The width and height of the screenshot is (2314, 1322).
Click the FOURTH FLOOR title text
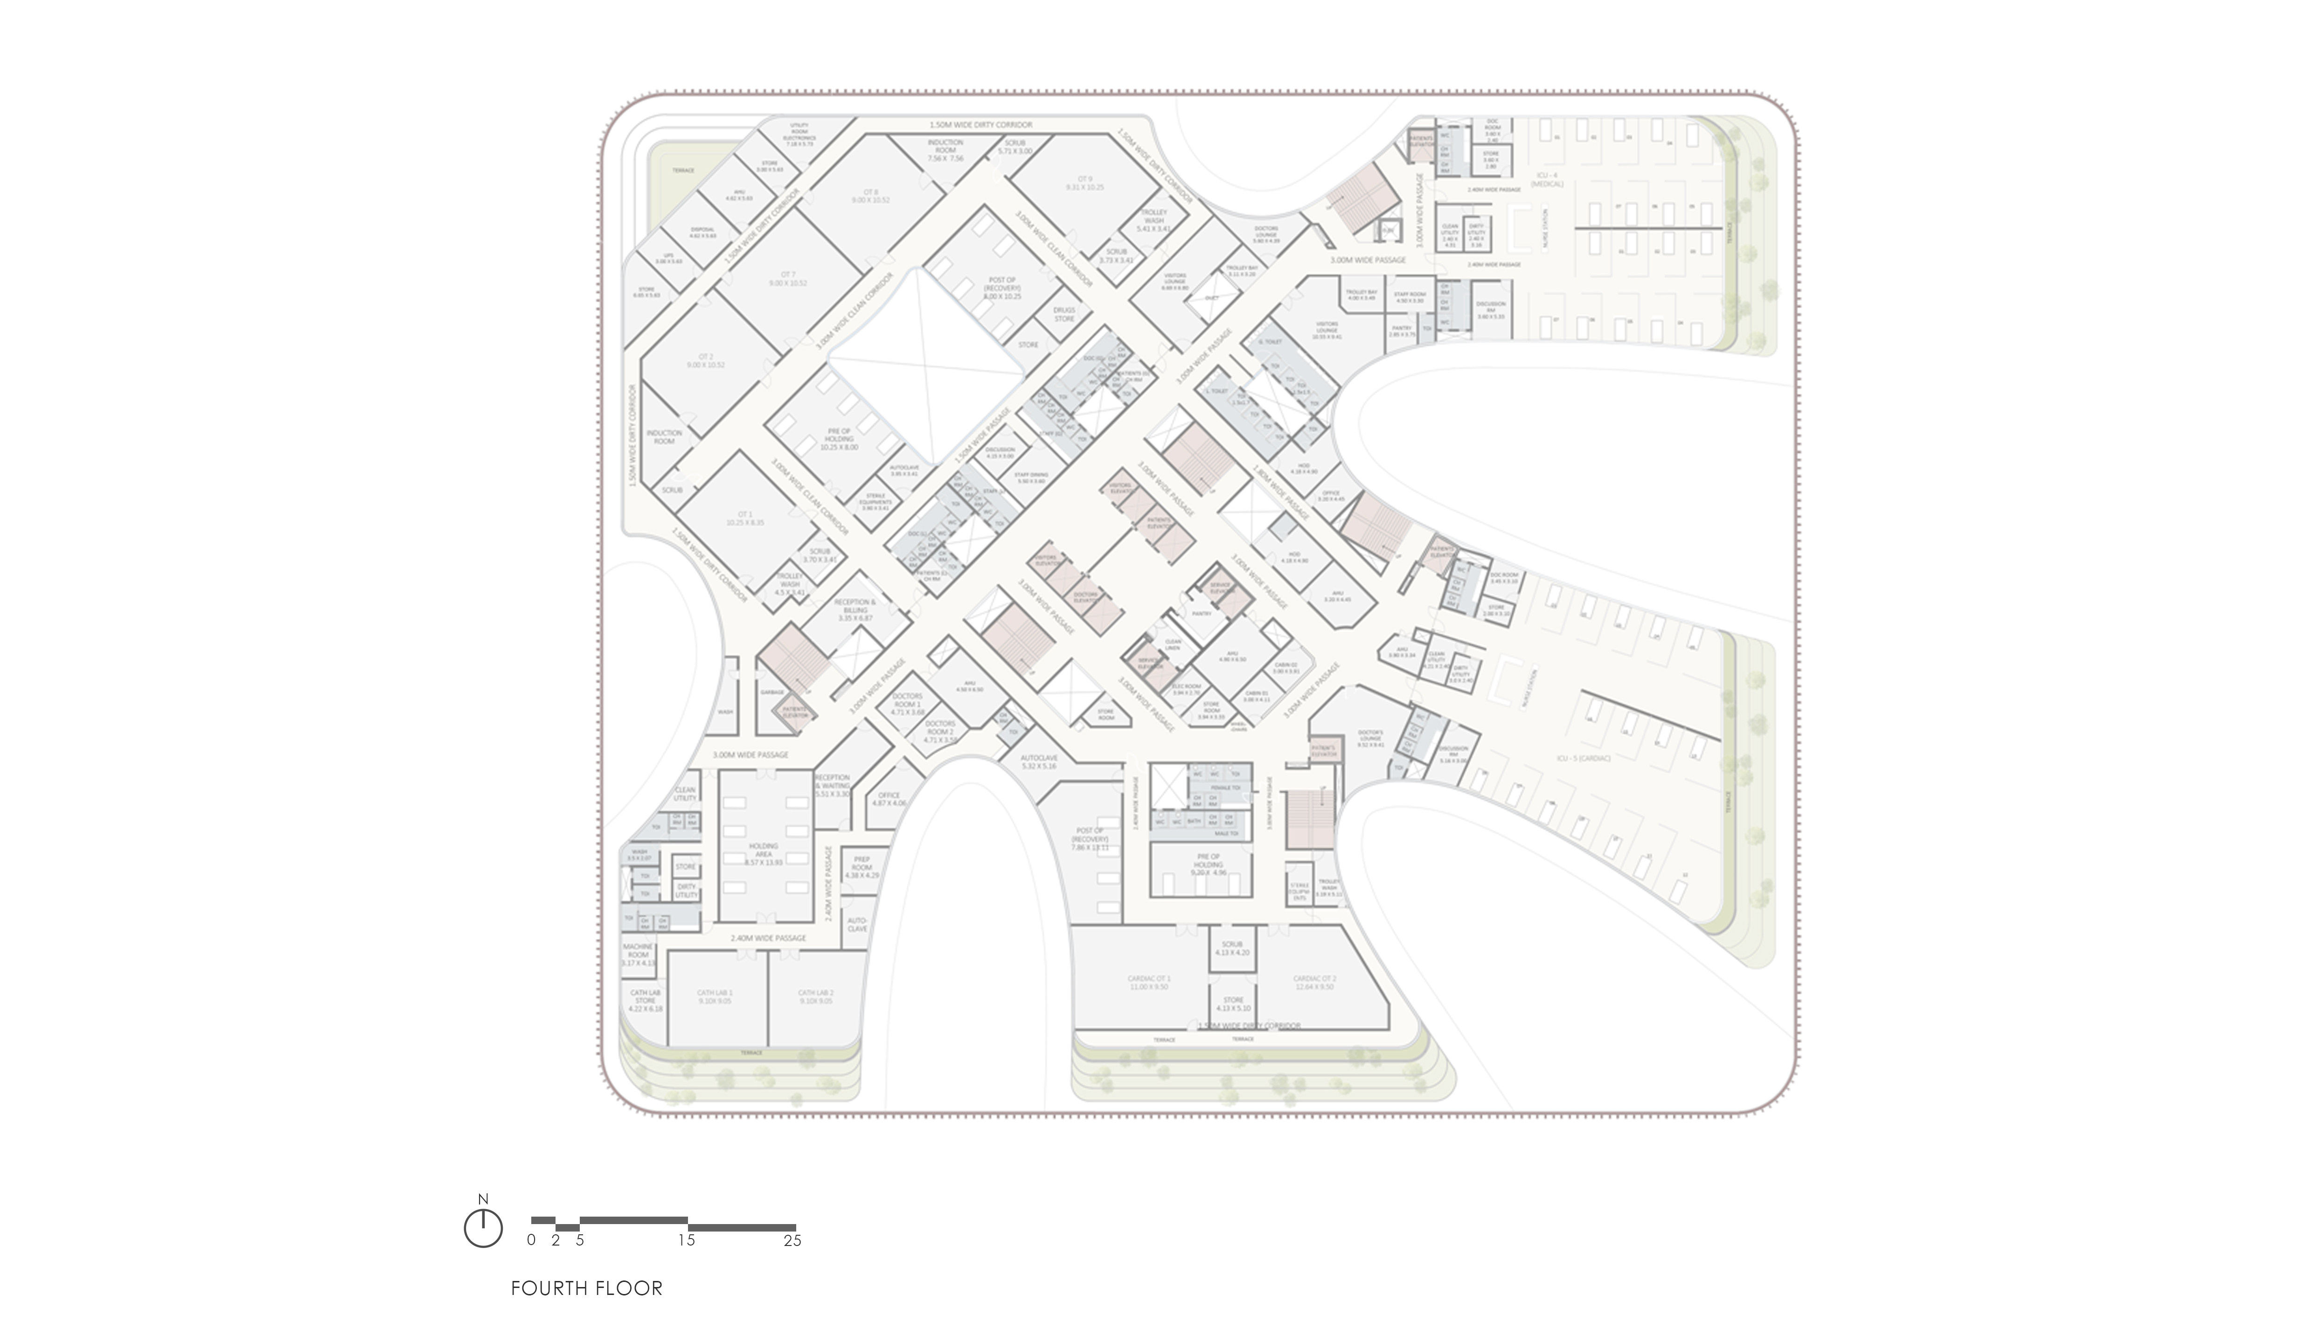tap(587, 1287)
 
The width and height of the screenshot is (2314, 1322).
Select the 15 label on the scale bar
tap(688, 1240)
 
